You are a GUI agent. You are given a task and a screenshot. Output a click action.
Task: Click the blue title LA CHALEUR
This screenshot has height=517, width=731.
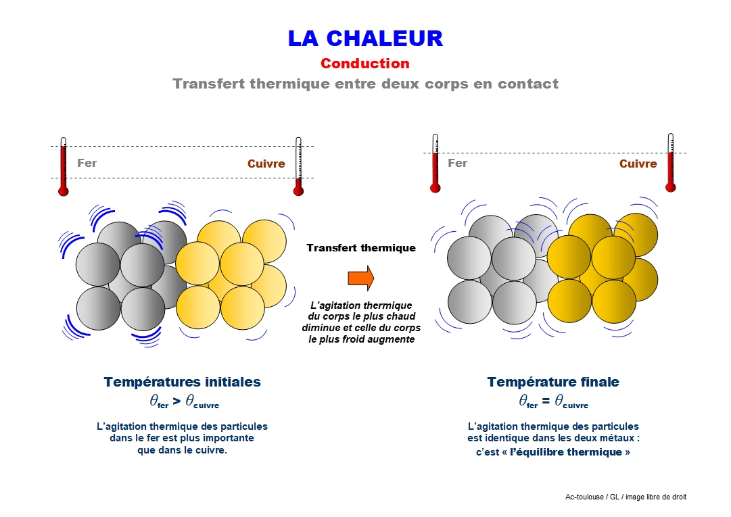365,38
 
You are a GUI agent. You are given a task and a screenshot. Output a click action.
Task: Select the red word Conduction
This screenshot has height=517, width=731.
365,64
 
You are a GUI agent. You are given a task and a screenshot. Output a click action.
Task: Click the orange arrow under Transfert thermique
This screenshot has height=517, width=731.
360,278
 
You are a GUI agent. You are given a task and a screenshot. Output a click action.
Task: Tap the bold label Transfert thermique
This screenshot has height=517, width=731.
361,248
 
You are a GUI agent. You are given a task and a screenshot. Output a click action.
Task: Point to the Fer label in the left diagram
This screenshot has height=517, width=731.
87,163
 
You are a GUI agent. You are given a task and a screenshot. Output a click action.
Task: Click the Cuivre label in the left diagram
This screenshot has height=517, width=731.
266,164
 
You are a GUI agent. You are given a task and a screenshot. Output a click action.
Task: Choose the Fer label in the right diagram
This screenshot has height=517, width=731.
457,163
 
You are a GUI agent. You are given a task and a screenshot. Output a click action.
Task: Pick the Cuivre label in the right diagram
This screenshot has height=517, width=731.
638,164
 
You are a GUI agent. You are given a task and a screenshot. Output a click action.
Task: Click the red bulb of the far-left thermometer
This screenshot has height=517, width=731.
64,191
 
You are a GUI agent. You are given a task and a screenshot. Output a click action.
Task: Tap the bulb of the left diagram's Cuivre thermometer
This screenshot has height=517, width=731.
298,191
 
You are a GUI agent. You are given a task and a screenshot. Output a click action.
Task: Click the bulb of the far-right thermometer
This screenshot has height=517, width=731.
670,187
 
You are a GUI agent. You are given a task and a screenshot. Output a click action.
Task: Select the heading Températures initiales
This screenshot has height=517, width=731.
182,382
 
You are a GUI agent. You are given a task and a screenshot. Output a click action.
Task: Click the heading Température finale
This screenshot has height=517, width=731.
553,382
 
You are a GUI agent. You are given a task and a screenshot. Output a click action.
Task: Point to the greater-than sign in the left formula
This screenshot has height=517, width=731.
176,401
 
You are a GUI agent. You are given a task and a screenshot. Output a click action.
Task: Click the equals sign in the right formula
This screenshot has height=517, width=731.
546,401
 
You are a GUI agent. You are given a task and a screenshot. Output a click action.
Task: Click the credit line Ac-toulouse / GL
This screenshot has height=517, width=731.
626,497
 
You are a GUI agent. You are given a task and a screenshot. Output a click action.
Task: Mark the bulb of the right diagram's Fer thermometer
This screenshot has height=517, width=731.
435,188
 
